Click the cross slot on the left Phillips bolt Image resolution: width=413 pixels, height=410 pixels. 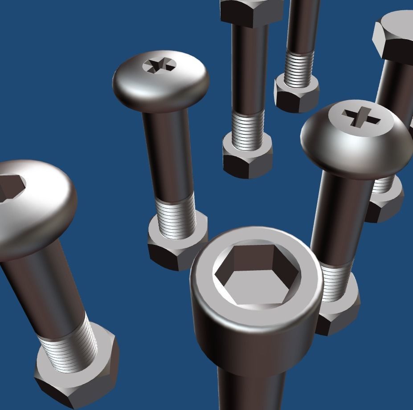[159, 65]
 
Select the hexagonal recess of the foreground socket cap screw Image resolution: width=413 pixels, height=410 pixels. [257, 275]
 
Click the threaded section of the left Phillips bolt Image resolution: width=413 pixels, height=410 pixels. [176, 216]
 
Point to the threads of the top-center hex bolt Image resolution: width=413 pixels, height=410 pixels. [248, 129]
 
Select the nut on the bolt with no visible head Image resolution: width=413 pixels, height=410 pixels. [296, 96]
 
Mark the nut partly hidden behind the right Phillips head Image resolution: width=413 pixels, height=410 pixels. [385, 205]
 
